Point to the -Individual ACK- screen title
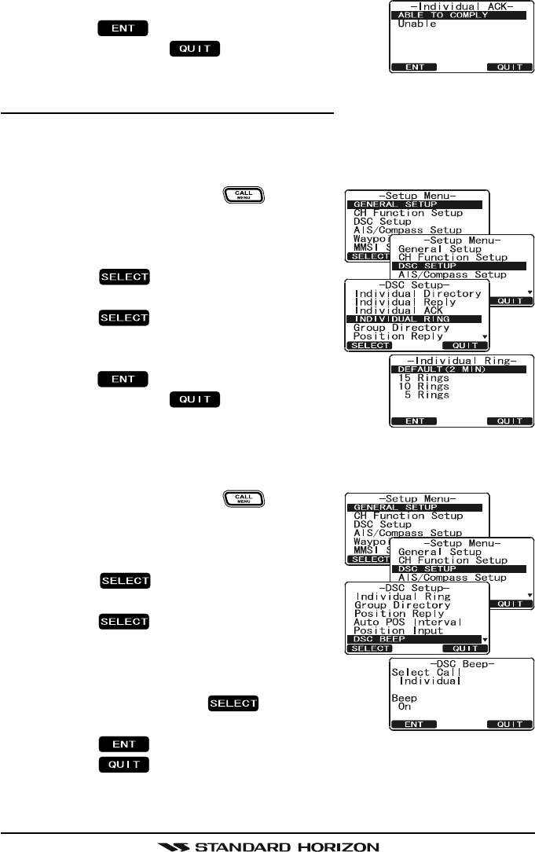pyautogui.click(x=462, y=6)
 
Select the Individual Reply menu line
pyautogui.click(x=398, y=303)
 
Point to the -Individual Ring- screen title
pyautogui.click(x=462, y=360)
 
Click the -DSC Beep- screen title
pyautogui.click(x=462, y=664)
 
